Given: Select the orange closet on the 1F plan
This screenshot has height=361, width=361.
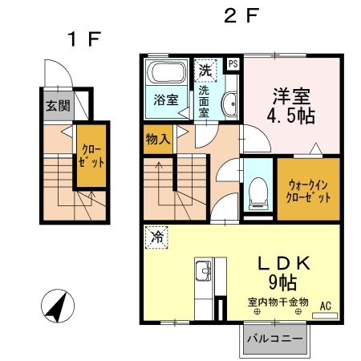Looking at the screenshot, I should [90, 155].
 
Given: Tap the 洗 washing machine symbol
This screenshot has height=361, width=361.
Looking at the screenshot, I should [205, 70].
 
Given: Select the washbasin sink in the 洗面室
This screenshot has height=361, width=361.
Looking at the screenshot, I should [229, 103].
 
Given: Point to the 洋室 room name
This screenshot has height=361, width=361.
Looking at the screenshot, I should [288, 94].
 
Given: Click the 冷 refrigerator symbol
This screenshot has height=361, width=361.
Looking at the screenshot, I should [156, 238].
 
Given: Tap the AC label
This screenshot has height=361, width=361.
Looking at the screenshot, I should [326, 306].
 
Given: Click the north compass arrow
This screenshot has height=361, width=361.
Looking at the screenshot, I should [56, 306].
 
